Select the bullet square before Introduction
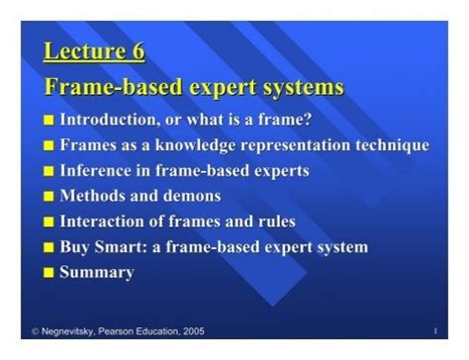click(x=49, y=121)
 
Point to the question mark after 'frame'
click(x=308, y=120)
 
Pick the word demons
click(x=193, y=196)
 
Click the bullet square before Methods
click(x=49, y=197)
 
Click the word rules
click(x=273, y=221)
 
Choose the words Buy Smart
click(x=102, y=246)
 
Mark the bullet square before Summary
click(x=49, y=273)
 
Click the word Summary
click(x=97, y=272)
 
